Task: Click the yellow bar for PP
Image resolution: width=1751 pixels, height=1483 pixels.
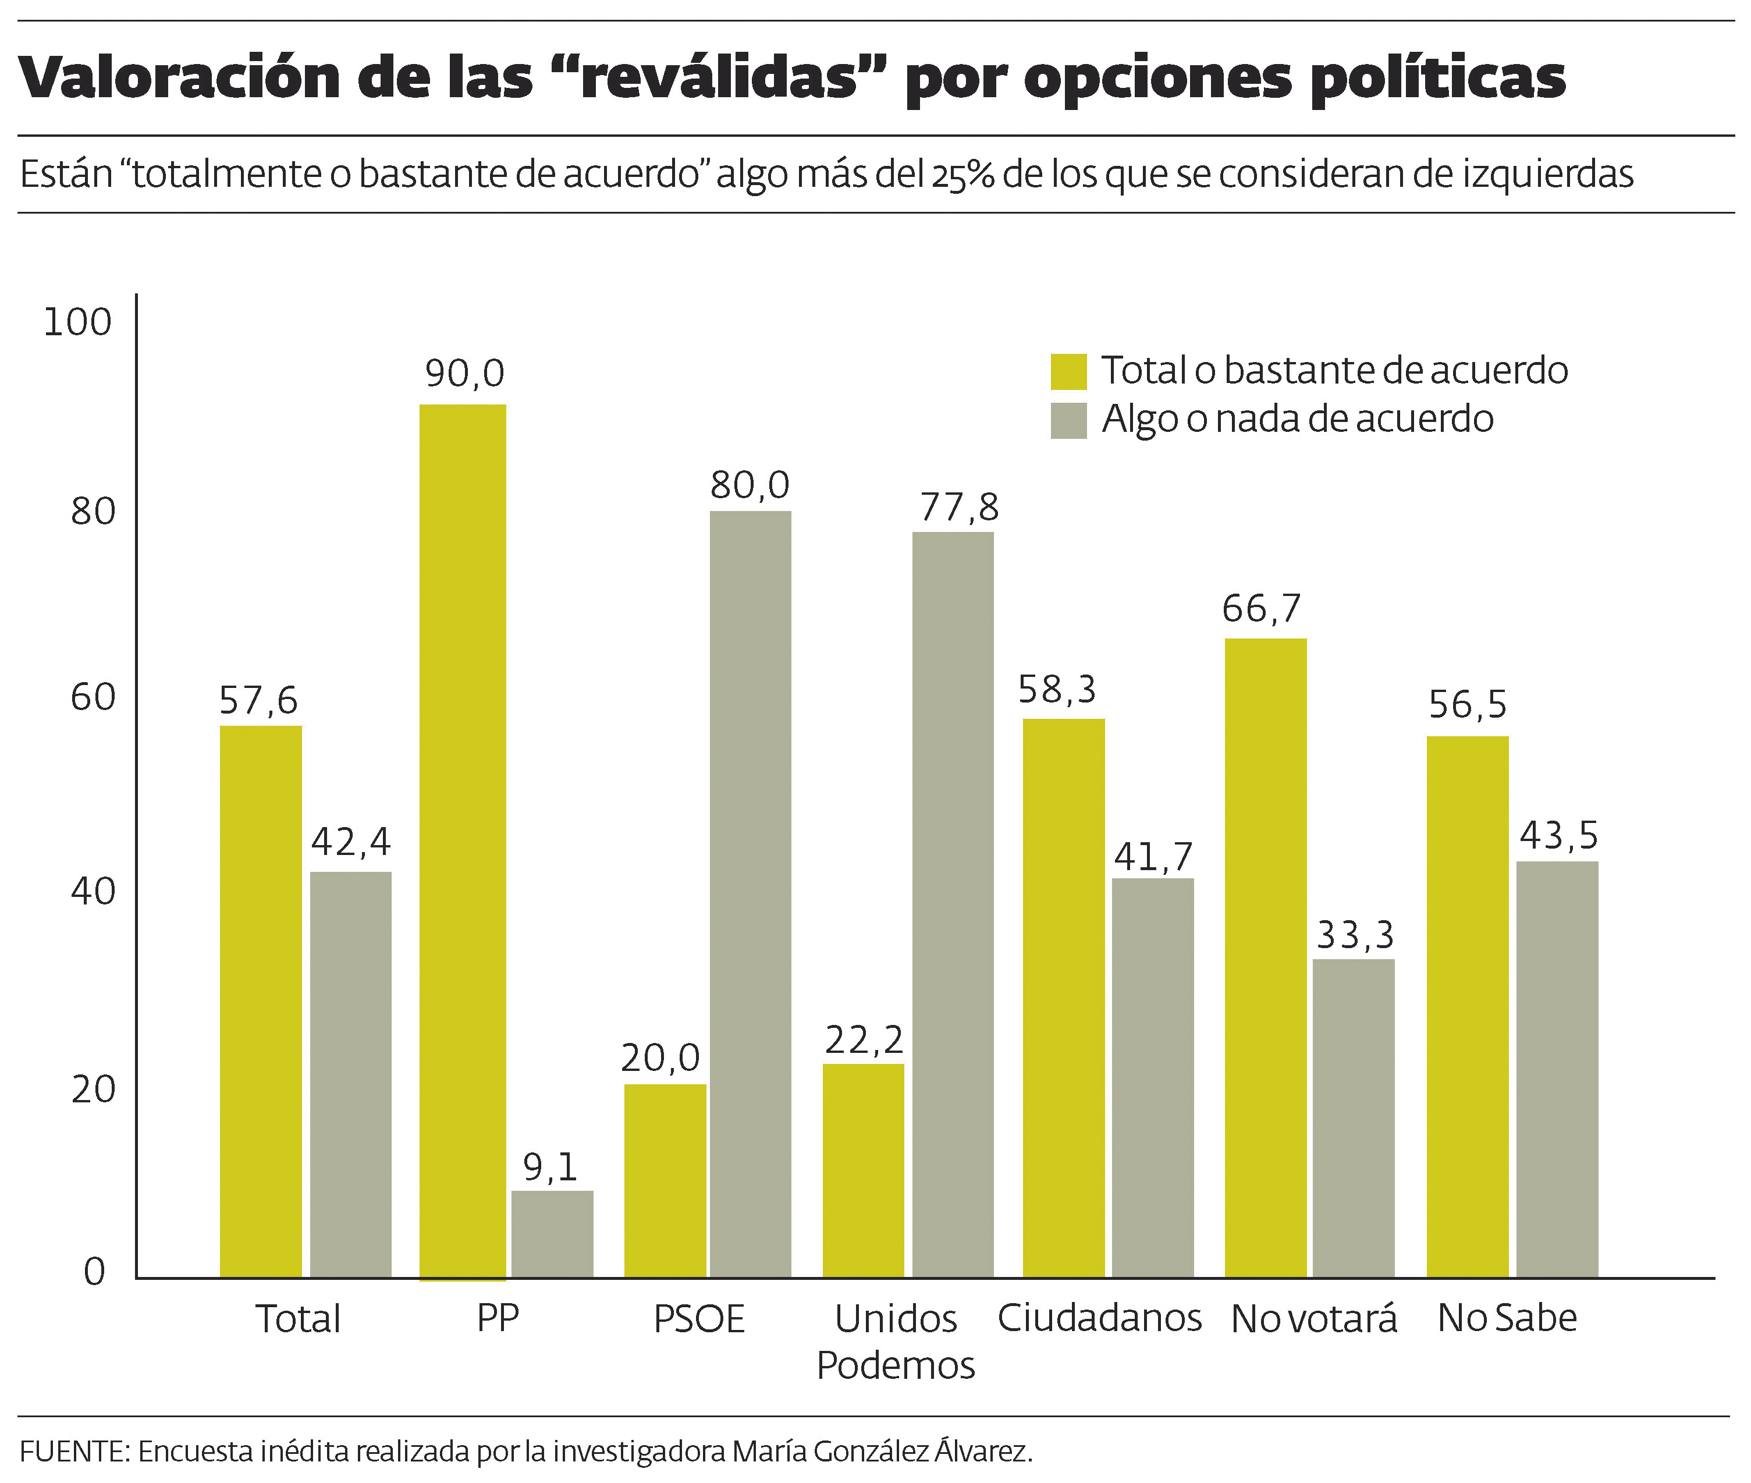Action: pos(463,840)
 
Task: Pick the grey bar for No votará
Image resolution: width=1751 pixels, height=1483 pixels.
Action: pos(1354,1118)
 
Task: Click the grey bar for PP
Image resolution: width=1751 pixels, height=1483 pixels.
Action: pos(552,1233)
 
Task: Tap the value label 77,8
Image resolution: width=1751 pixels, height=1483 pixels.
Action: pos(958,507)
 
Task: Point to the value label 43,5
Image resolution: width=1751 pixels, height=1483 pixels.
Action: pos(1558,836)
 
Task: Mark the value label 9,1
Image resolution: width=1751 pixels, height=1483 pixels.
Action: pos(550,1167)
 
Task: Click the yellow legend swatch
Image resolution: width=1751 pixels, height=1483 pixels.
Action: pos(1068,371)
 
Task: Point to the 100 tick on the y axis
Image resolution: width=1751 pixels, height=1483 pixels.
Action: pos(77,322)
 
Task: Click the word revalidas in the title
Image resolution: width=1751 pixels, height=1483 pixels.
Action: pos(719,78)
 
